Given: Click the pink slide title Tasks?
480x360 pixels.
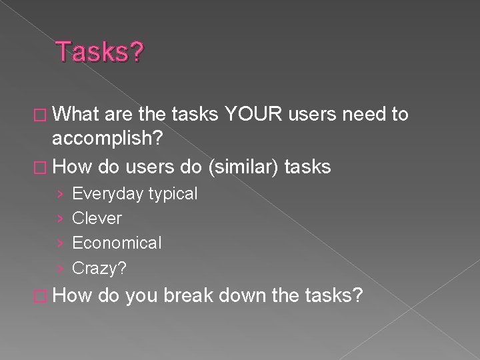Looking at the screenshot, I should click(99, 52).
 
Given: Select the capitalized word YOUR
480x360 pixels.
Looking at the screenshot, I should click(254, 115).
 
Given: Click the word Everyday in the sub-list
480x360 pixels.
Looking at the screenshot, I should click(107, 194).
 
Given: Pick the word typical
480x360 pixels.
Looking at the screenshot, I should click(173, 194).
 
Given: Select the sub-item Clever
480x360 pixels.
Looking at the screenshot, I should click(97, 218).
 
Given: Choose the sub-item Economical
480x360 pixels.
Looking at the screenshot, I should click(117, 243).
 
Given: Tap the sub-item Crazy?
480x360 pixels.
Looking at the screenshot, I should click(99, 267).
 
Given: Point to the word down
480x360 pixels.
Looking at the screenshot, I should click(246, 295).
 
